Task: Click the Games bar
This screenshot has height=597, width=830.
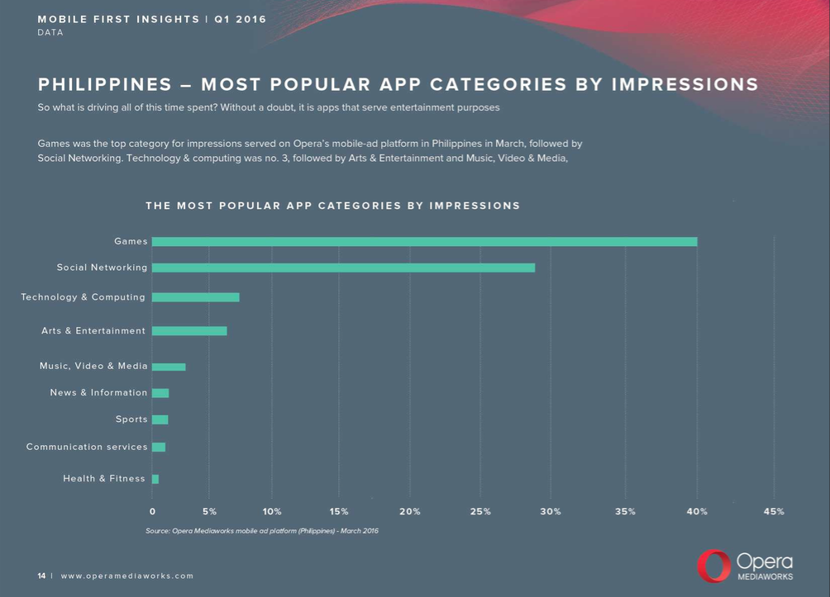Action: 424,242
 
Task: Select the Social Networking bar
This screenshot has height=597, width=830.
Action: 343,268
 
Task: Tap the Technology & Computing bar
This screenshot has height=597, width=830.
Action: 196,297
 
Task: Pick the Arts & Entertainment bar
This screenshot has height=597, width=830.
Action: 189,331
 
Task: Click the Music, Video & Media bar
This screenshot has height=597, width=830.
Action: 169,367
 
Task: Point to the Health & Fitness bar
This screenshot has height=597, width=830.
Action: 155,479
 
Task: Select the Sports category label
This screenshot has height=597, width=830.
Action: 131,419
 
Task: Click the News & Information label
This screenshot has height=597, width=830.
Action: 98,393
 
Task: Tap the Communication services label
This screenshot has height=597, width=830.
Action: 87,448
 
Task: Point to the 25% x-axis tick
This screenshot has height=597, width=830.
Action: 480,512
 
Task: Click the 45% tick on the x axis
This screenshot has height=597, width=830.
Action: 774,512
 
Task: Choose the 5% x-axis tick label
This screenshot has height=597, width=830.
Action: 209,512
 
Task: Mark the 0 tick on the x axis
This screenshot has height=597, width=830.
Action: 152,512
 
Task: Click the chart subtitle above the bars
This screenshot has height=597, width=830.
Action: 332,206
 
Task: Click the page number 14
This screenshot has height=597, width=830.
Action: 41,576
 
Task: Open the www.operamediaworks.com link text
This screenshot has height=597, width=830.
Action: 127,576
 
